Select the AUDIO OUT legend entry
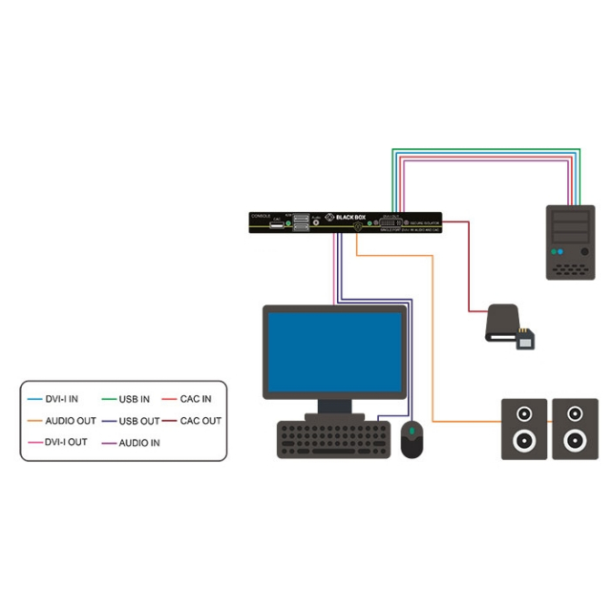[x=70, y=421]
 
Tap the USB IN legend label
[x=134, y=399]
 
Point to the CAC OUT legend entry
[x=200, y=421]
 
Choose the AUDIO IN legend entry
[x=139, y=443]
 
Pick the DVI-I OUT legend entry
[x=66, y=443]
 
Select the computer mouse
[x=411, y=439]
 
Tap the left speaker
[x=524, y=429]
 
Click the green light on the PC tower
[x=555, y=252]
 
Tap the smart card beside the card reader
[x=526, y=340]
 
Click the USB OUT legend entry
[x=139, y=421]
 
